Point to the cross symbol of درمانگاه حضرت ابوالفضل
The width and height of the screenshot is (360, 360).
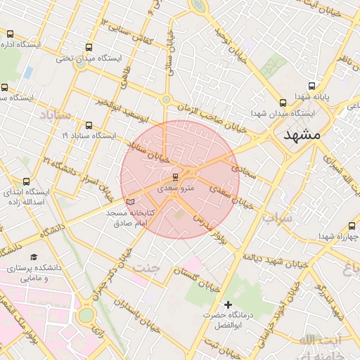point(227,304)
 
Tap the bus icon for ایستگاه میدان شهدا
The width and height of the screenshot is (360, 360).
point(283,102)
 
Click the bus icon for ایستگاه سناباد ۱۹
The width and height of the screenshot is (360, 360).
point(88,124)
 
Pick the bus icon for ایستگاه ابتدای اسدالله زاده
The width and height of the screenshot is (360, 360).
point(27,181)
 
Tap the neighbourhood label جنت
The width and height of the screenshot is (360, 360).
point(147,268)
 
